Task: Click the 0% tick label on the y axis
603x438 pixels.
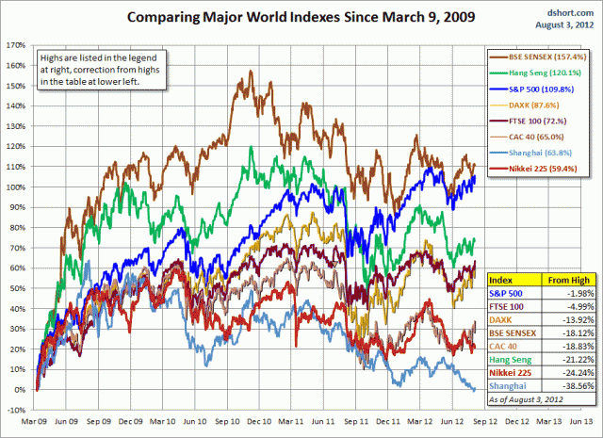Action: [18, 389]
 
